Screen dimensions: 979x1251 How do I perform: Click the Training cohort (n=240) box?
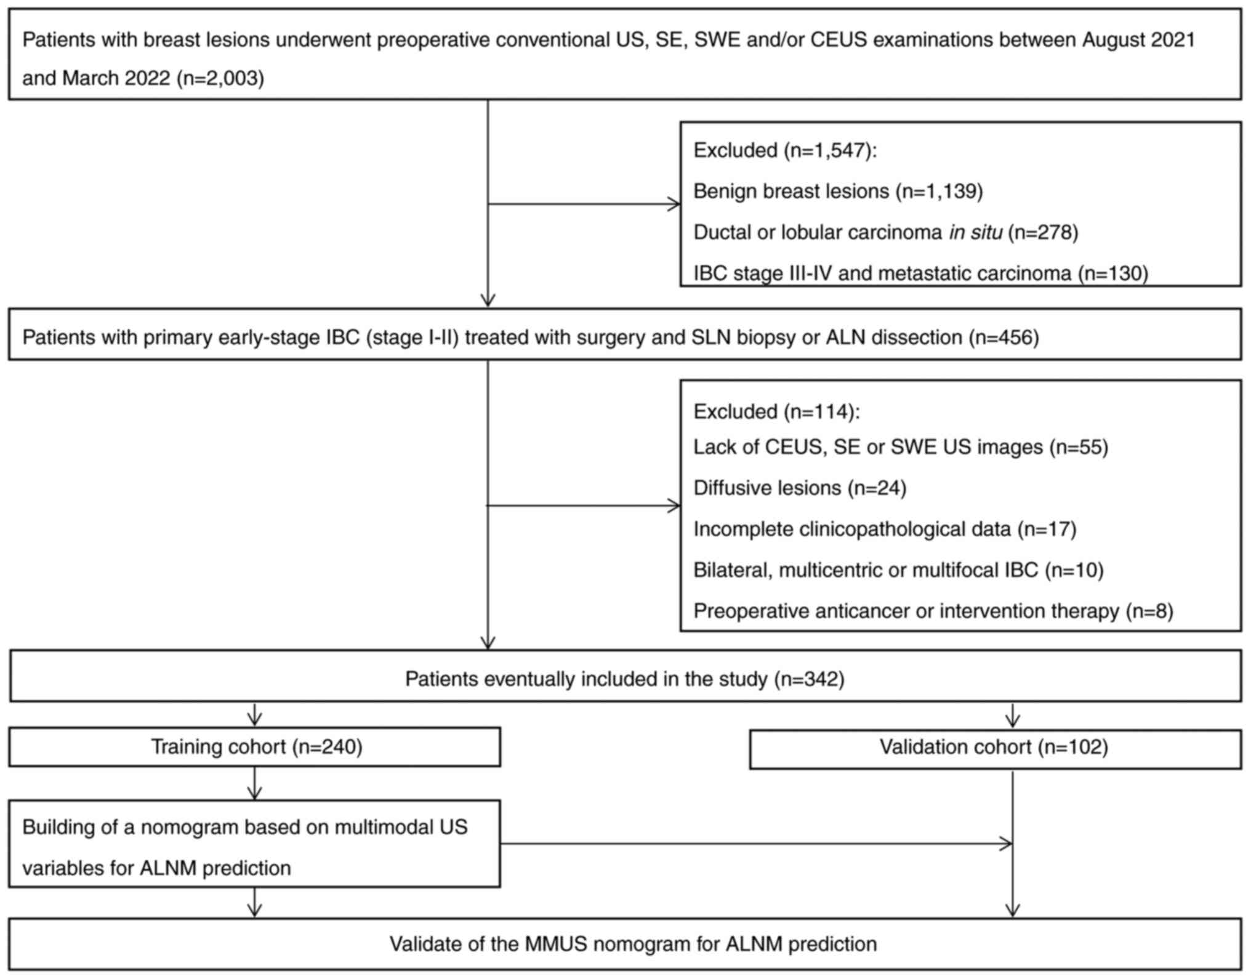point(255,747)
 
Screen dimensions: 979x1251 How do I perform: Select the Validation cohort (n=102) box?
point(994,747)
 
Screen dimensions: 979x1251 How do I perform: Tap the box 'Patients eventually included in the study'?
point(624,679)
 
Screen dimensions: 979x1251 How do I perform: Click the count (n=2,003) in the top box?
point(220,78)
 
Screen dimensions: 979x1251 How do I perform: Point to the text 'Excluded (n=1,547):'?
point(785,150)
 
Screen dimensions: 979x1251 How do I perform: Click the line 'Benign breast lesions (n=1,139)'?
point(838,191)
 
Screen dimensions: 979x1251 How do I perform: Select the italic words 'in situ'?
point(975,232)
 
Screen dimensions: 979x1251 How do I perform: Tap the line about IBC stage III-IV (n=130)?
point(920,273)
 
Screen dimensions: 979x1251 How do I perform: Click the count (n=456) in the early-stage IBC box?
point(1004,337)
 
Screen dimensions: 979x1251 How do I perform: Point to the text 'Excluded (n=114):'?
point(776,411)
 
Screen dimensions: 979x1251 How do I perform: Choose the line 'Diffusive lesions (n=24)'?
point(800,488)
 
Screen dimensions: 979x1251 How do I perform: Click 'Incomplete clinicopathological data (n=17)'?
point(885,529)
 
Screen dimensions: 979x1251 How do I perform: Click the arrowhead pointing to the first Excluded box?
point(675,204)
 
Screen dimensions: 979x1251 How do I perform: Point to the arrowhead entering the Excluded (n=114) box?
point(675,506)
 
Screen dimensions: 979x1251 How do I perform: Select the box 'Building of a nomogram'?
point(254,844)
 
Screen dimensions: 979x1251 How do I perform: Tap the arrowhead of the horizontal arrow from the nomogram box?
point(1007,844)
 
